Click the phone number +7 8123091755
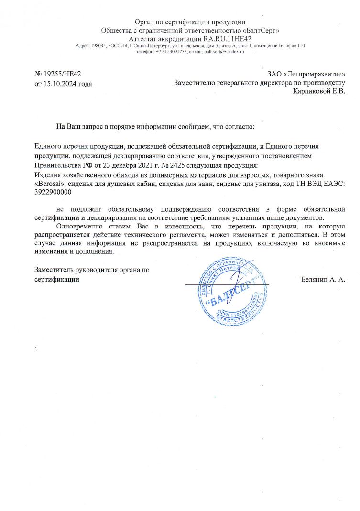click(x=170, y=51)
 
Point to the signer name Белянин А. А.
click(x=323, y=279)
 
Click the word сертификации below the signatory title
click(x=56, y=279)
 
